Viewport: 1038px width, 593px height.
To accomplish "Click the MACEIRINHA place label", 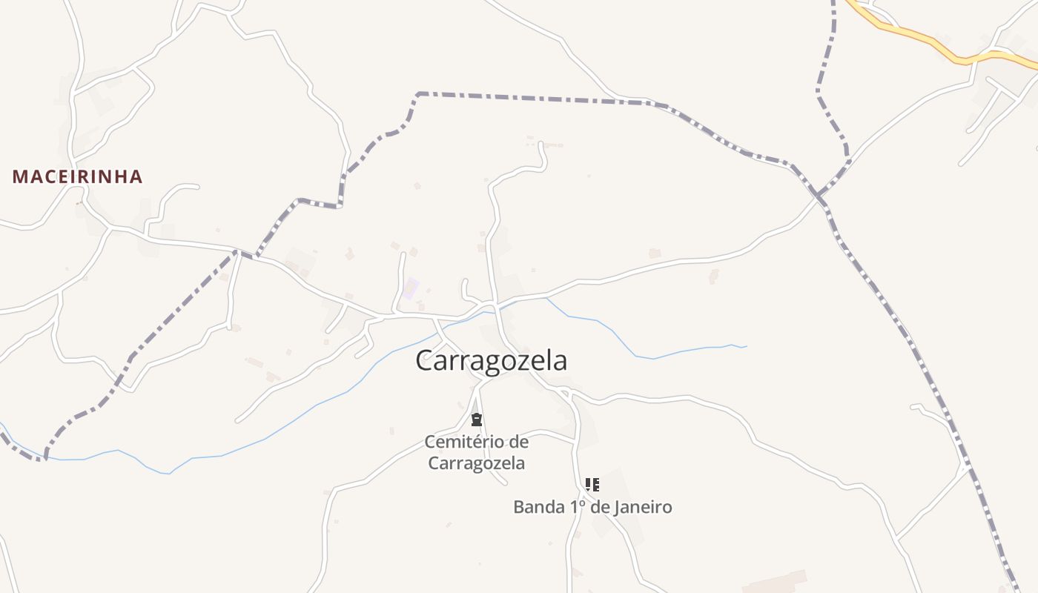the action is pyautogui.click(x=77, y=176).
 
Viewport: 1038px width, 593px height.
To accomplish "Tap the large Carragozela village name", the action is pyautogui.click(x=491, y=360).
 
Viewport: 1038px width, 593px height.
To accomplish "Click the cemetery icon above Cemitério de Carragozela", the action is pyautogui.click(x=477, y=420).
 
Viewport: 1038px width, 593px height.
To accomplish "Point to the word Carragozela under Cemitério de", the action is pyautogui.click(x=477, y=463).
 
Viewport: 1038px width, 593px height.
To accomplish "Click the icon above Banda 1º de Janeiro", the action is pyautogui.click(x=592, y=485).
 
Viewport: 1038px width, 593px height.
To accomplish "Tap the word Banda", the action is pyautogui.click(x=538, y=507).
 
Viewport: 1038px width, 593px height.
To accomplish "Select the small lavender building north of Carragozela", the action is pyautogui.click(x=410, y=288).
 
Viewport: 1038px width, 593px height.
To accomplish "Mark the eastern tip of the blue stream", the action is pyautogui.click(x=745, y=346).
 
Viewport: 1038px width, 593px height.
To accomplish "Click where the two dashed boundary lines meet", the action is pyautogui.click(x=819, y=196).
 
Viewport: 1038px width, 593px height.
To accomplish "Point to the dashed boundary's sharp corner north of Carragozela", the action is pyautogui.click(x=419, y=94).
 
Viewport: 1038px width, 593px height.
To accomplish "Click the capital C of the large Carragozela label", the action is pyautogui.click(x=424, y=361).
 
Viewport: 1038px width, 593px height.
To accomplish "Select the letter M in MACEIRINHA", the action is pyautogui.click(x=20, y=176).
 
